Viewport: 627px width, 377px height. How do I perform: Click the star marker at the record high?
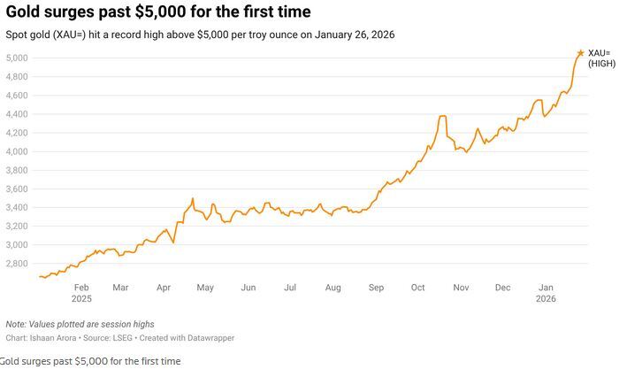[580, 53]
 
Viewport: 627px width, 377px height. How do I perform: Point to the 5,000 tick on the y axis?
[18, 58]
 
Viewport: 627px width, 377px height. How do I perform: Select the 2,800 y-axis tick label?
[18, 264]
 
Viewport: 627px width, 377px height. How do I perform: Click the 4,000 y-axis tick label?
[18, 151]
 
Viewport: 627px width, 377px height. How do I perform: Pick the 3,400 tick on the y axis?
[18, 208]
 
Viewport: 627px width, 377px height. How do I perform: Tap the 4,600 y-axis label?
[18, 96]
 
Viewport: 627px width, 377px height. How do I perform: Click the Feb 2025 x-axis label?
[81, 293]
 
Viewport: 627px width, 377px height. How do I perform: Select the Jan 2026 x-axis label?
[547, 293]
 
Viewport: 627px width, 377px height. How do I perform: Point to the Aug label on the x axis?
[333, 288]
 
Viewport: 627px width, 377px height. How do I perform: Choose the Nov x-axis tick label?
[460, 288]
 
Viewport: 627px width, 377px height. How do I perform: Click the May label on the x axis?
[205, 288]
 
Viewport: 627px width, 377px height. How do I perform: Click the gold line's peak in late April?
[193, 199]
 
